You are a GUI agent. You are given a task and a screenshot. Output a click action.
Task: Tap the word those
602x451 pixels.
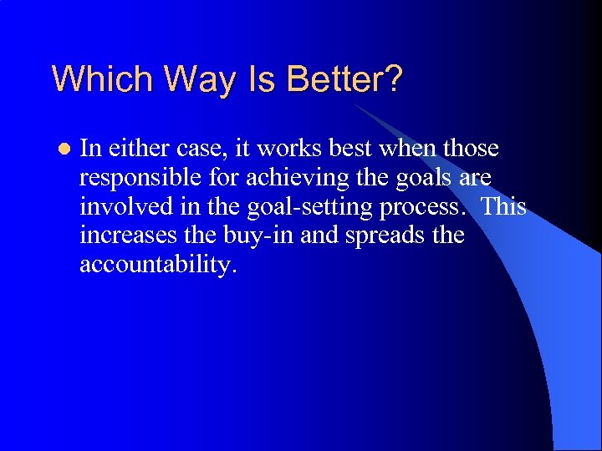tap(470, 149)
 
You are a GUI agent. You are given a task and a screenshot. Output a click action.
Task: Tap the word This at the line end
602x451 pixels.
tap(503, 206)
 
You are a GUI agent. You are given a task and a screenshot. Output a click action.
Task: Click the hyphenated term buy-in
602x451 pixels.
tap(255, 236)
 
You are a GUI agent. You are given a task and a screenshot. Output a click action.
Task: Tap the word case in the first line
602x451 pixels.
tap(202, 149)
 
